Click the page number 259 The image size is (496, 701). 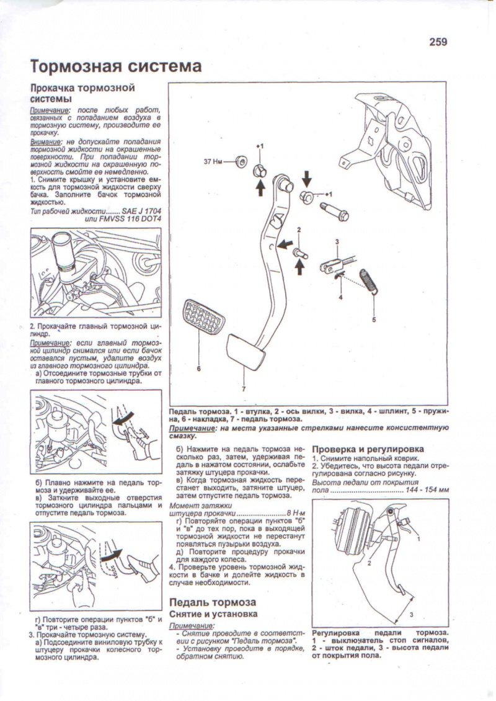click(x=437, y=42)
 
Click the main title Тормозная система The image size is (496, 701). click(x=116, y=66)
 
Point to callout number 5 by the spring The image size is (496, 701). click(x=374, y=320)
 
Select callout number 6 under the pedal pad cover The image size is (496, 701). click(x=198, y=369)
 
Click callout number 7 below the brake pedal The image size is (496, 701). click(x=244, y=389)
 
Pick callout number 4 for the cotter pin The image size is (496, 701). click(x=340, y=297)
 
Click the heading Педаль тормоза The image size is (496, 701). click(x=213, y=602)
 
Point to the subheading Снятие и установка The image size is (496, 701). click(x=213, y=614)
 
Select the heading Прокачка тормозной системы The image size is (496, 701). click(x=82, y=93)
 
